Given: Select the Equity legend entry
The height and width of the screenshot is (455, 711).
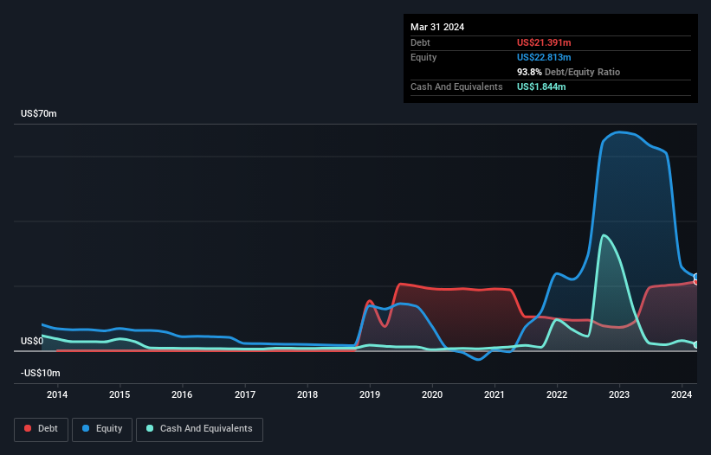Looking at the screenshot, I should (x=102, y=429).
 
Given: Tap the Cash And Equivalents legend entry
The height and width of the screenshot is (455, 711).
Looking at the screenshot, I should (x=198, y=429).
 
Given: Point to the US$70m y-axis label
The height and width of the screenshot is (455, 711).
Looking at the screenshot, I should (x=38, y=114).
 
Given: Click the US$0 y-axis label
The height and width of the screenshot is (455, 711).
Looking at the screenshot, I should (x=32, y=341).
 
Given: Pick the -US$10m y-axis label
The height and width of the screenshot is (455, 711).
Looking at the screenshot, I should (x=41, y=373).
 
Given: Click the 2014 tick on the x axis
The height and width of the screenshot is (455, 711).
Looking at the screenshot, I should (x=57, y=394).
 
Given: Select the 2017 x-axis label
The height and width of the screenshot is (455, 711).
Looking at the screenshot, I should (x=245, y=394).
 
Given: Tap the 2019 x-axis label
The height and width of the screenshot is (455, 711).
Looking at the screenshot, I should (x=370, y=394).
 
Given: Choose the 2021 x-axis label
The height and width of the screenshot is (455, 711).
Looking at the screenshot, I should (x=494, y=394).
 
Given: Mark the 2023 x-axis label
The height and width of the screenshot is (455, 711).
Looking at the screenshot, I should (x=619, y=394).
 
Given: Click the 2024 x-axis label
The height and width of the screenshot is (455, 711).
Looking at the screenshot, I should (x=682, y=394).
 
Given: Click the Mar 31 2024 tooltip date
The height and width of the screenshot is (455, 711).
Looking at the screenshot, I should (x=437, y=27).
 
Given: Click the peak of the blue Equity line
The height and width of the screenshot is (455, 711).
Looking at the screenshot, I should (x=617, y=132).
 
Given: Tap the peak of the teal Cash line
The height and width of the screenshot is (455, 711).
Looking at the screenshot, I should (x=603, y=235).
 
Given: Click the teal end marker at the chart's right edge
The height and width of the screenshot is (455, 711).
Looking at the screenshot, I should (x=696, y=345).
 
